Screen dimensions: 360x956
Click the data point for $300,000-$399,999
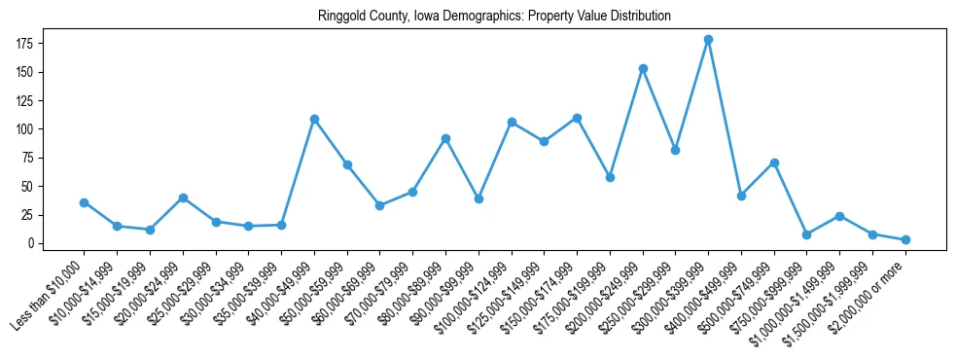[x=708, y=39]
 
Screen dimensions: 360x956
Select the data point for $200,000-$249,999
[x=643, y=68]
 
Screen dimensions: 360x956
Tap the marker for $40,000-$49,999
[x=314, y=119]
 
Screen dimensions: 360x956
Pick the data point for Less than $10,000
[x=84, y=202]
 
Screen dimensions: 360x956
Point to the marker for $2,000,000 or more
[x=905, y=239]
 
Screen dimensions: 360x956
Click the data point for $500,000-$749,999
[x=774, y=162]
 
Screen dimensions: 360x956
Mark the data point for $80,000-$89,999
[x=445, y=138]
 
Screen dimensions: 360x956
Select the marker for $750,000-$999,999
[x=807, y=234]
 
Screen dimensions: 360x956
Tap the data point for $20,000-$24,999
[x=183, y=198]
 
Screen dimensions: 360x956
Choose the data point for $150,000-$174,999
[x=577, y=118]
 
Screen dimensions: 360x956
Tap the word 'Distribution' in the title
[x=640, y=17]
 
